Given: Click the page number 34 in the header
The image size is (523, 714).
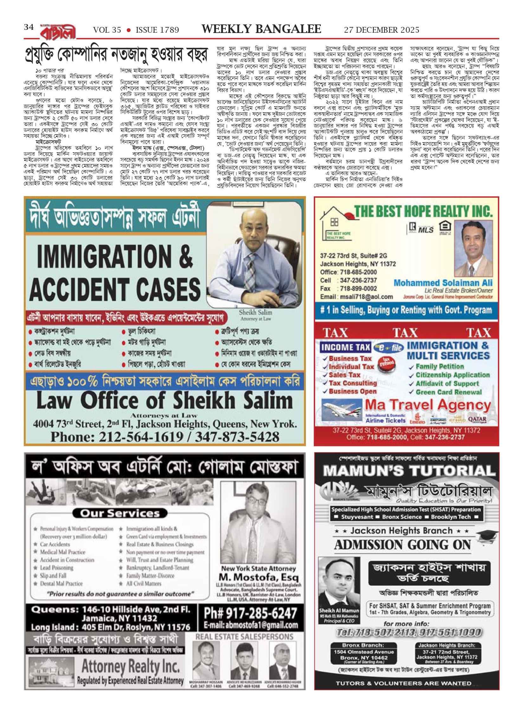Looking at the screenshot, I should (29, 27).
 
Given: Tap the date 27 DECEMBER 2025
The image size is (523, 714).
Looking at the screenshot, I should (382, 30).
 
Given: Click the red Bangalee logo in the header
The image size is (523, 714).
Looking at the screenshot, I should (58, 32).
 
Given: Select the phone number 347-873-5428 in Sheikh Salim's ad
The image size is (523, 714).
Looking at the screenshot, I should (237, 437).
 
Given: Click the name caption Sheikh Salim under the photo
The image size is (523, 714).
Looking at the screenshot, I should (255, 312).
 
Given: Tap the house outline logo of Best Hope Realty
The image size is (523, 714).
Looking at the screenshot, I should (336, 222).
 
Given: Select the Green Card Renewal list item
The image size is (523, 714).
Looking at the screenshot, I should (449, 392).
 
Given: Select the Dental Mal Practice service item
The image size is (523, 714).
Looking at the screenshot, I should (61, 583).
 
